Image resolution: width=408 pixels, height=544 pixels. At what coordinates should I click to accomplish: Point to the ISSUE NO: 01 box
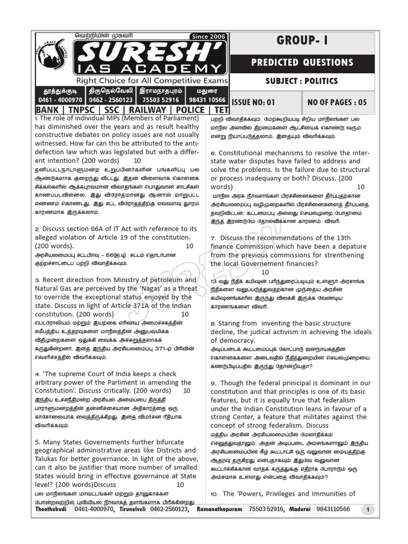pyautogui.click(x=254, y=102)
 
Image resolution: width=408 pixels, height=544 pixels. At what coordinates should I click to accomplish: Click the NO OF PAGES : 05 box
pyautogui.click(x=337, y=102)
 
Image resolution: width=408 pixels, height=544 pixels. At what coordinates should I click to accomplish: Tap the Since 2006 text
pyautogui.click(x=208, y=36)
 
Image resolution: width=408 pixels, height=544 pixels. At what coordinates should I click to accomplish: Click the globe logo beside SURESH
pyautogui.click(x=52, y=56)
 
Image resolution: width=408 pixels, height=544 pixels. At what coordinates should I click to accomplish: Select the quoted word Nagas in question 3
pyautogui.click(x=151, y=288)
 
